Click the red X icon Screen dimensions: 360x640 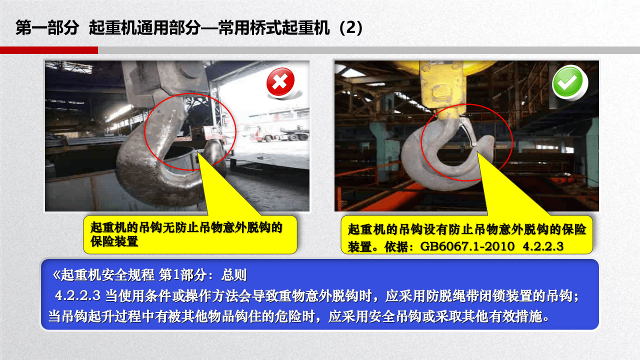tap(280, 82)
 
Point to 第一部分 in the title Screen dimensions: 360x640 tap(47, 28)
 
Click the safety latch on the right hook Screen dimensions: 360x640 tap(469, 131)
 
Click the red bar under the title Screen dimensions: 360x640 tap(48, 50)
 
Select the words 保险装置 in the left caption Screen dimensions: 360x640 tap(114, 242)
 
